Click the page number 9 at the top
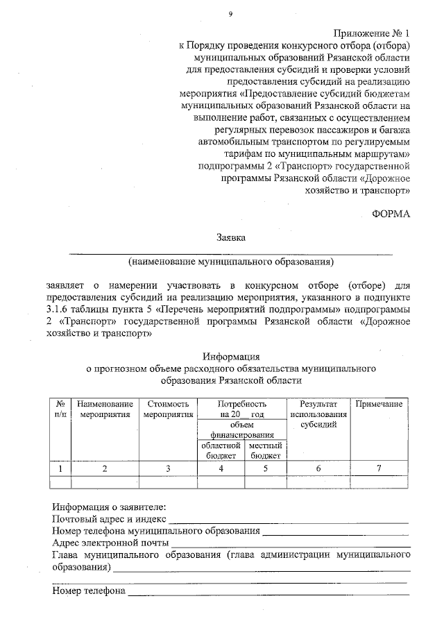tap(230, 14)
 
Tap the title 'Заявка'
tap(230, 239)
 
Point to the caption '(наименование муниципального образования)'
tap(230, 262)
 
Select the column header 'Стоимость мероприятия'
tap(168, 409)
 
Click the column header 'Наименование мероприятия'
tap(105, 409)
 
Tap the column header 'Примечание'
tap(379, 404)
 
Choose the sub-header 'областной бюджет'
tap(221, 450)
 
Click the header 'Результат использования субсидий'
tap(318, 414)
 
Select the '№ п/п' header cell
tap(61, 409)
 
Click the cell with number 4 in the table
tap(221, 469)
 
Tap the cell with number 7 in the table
tap(379, 469)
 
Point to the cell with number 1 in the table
tap(61, 469)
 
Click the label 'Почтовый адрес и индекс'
tap(110, 518)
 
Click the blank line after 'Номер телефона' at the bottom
tap(267, 592)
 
